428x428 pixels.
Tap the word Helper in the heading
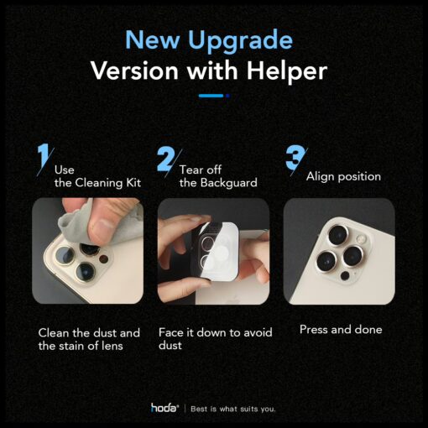coord(287,70)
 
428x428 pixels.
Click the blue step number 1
coord(44,157)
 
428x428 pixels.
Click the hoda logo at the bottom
coord(164,408)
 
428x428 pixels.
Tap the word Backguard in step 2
coord(229,183)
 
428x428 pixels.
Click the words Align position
coord(343,177)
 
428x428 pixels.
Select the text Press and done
coord(341,330)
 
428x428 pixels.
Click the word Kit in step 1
coord(133,183)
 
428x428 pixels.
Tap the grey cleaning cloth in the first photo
coord(76,221)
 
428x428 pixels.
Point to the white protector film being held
coord(221,252)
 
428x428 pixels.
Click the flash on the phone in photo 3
coord(361,239)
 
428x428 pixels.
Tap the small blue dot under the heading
coord(227,96)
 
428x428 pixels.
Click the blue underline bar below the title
coord(211,96)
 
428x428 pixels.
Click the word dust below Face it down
coord(170,346)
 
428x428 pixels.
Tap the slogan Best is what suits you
coord(233,409)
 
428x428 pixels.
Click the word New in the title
coord(153,39)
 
